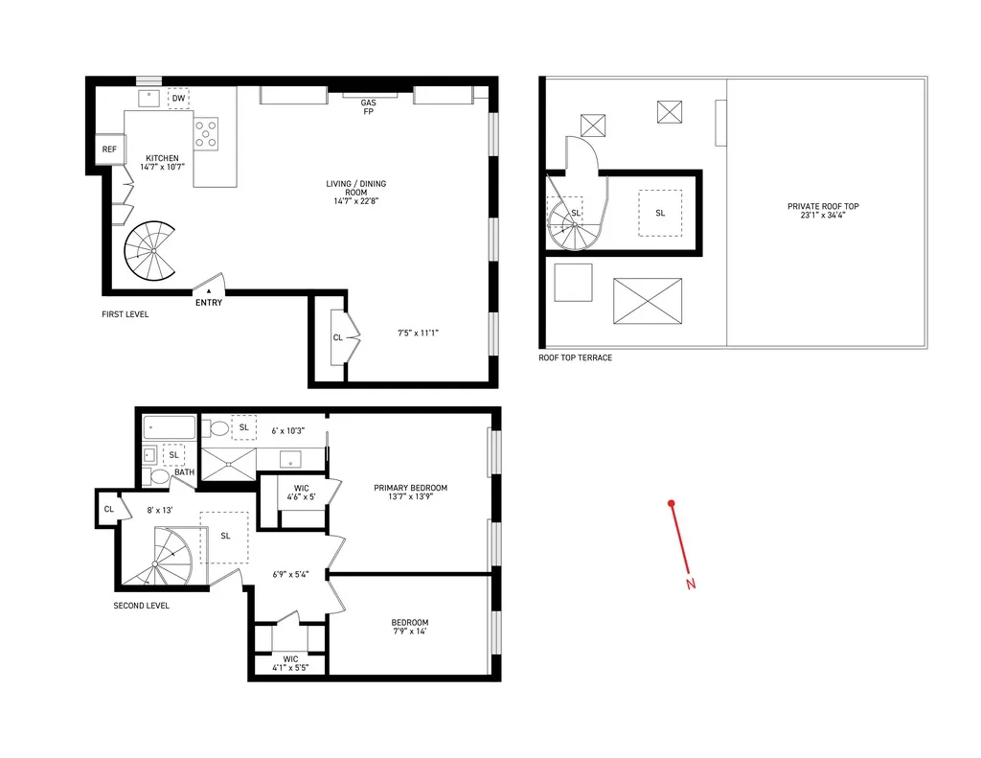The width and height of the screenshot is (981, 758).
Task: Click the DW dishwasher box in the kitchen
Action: coord(179,98)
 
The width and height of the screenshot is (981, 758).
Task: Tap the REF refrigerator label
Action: coord(109,149)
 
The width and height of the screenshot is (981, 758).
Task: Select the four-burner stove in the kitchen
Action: coord(207,132)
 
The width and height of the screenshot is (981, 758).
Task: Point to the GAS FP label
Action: coord(368,107)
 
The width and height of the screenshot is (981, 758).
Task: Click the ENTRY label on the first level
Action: coord(208,303)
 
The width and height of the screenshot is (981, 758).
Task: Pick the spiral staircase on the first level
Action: coord(150,251)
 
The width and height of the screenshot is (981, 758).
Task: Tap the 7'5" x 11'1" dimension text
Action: coord(418,333)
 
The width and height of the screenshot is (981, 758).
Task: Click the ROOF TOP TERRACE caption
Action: coord(575,357)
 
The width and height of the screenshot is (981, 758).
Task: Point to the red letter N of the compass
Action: coord(690,585)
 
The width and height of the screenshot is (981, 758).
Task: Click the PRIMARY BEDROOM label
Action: coord(410,493)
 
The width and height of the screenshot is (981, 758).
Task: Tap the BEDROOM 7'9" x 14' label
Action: coord(409,627)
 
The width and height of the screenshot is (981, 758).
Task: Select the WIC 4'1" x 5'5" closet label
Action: coord(290,663)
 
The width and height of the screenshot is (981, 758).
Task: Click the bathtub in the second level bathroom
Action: coord(170,427)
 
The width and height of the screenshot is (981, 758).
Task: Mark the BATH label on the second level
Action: coord(184,472)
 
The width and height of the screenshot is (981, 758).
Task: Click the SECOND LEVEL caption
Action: coord(141,606)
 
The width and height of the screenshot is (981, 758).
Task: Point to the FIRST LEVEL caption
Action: coord(125,314)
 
